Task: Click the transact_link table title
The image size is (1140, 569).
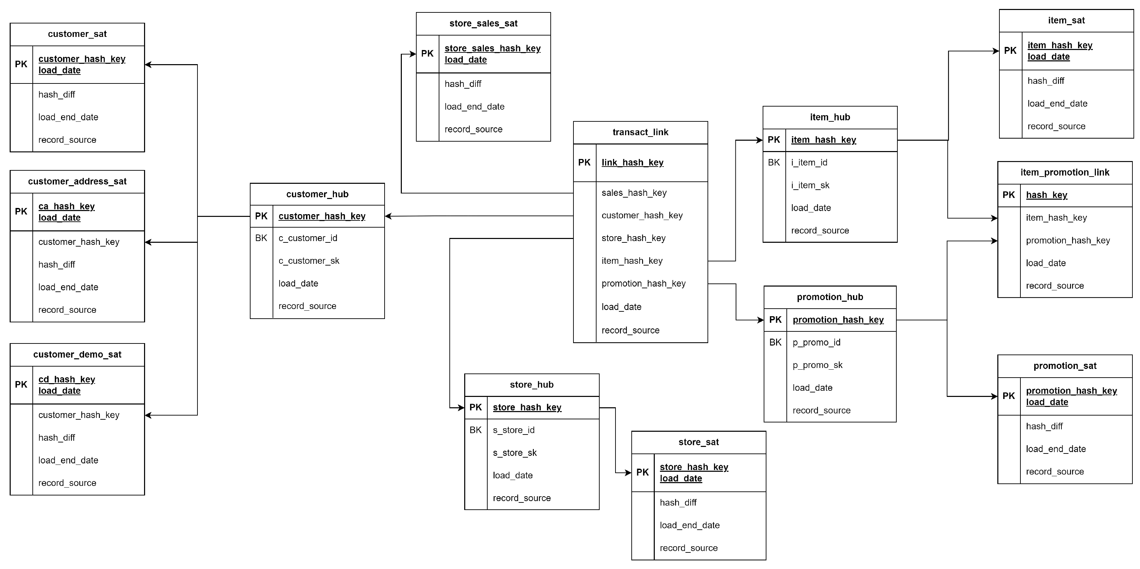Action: tap(640, 132)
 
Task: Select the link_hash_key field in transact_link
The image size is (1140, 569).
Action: tap(632, 162)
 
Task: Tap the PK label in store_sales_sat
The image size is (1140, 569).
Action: tap(427, 53)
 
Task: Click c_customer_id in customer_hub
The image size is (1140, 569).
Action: tap(307, 238)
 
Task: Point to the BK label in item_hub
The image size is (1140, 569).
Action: tap(774, 162)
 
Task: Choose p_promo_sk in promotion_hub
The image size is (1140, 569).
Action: tap(817, 365)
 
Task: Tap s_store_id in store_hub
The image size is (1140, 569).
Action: tap(513, 430)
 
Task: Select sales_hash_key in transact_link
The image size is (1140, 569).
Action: tap(634, 193)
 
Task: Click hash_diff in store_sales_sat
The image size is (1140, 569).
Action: tap(462, 84)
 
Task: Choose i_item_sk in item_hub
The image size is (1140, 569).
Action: tap(810, 185)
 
